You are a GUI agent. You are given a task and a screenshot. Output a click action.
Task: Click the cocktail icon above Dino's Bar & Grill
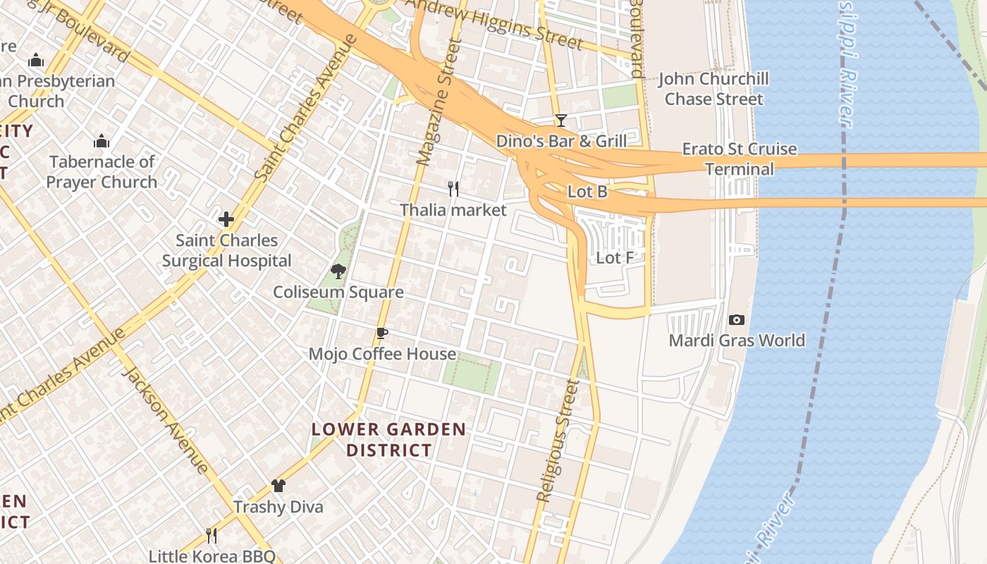[560, 121]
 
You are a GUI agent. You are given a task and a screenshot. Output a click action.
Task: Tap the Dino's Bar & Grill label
[561, 141]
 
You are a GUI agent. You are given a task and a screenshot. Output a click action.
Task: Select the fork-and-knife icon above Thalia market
[453, 189]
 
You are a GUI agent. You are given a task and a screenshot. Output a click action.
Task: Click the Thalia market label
[453, 210]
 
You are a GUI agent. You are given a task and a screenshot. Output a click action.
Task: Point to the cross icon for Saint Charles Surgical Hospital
[226, 219]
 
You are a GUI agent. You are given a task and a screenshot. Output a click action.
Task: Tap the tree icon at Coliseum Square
[338, 271]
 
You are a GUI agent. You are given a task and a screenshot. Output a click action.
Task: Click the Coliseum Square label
[338, 292]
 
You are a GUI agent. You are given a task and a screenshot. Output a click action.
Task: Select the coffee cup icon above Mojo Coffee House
[382, 333]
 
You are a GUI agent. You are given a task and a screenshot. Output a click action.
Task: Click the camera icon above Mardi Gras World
[737, 320]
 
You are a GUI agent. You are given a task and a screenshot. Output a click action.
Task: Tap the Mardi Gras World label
[737, 341]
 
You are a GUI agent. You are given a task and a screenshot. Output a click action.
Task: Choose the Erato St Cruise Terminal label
[740, 159]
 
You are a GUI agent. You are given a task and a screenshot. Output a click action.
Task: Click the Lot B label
[587, 191]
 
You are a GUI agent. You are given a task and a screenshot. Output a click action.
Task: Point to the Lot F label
[615, 258]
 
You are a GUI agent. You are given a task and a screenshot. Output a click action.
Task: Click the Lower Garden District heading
[389, 439]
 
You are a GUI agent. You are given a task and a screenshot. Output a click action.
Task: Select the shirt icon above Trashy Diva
[278, 486]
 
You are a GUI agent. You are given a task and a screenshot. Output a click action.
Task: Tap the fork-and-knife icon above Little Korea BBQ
[211, 536]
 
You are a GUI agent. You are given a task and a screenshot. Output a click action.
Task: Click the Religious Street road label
[558, 441]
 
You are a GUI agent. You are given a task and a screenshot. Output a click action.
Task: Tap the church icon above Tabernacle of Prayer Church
[102, 141]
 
